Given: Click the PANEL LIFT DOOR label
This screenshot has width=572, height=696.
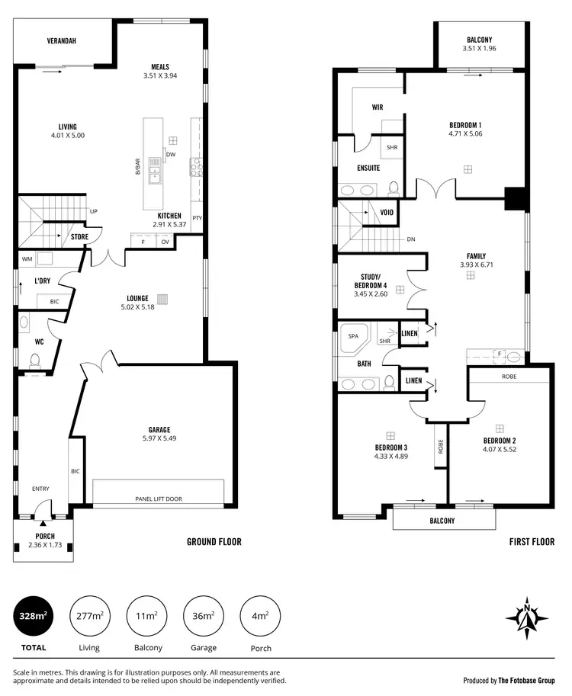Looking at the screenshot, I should (158, 499).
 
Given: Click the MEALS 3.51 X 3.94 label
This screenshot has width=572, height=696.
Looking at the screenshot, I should (159, 71).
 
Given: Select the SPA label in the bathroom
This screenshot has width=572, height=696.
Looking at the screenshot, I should (353, 335).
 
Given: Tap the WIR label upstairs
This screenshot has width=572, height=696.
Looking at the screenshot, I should (377, 107).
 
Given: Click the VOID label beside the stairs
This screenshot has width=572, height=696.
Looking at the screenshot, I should (387, 212).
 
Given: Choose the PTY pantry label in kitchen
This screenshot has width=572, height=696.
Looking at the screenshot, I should (197, 218).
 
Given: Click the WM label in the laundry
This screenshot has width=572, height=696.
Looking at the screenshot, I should (27, 259).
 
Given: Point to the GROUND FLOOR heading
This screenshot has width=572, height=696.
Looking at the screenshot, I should (214, 542).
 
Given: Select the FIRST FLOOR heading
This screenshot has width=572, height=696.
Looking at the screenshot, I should (531, 542).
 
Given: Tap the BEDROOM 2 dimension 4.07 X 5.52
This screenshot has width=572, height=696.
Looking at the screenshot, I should (500, 451).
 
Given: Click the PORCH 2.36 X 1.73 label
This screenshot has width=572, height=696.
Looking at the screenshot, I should (44, 540).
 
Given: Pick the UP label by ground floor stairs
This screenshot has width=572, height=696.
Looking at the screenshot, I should (94, 211).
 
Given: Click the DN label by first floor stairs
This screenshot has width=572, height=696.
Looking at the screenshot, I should (410, 239).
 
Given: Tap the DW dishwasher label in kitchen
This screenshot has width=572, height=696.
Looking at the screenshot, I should (171, 154).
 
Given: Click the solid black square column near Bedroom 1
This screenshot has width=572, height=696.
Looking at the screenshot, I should (516, 198).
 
